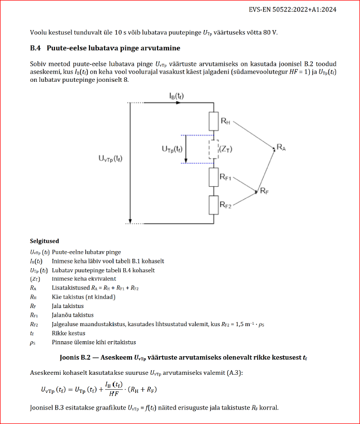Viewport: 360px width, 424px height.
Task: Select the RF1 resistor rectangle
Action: coord(214,177)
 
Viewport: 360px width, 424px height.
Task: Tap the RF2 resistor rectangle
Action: coord(214,204)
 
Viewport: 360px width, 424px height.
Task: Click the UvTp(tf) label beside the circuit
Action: coord(113,159)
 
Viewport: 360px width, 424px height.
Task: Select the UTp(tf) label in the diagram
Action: coord(171,149)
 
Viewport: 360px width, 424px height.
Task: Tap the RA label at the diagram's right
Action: coord(281,148)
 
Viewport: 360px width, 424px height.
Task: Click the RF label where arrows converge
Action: coord(264,191)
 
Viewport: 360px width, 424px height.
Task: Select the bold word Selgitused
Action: coord(45,241)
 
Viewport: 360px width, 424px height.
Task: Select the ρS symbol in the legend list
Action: coord(33,342)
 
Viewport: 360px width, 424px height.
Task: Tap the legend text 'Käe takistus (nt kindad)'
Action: coord(83,297)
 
